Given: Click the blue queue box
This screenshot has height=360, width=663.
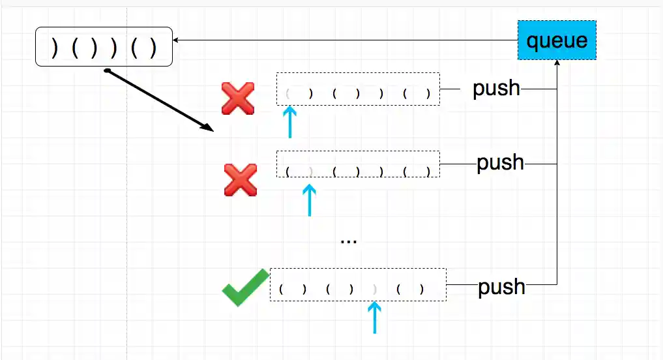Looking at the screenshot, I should pyautogui.click(x=557, y=40).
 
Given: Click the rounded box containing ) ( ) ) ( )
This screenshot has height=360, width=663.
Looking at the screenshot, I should pyautogui.click(x=104, y=47).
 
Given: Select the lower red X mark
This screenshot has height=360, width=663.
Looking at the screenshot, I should pyautogui.click(x=240, y=180).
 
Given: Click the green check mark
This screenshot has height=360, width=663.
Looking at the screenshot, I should pyautogui.click(x=245, y=287).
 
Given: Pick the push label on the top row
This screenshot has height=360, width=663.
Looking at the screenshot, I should pyautogui.click(x=496, y=88).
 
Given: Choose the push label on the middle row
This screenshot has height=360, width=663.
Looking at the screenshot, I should pyautogui.click(x=500, y=162).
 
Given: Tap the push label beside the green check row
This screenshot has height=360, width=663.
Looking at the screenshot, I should pyautogui.click(x=501, y=286).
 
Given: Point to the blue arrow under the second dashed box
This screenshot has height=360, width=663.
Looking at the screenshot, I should pyautogui.click(x=309, y=200).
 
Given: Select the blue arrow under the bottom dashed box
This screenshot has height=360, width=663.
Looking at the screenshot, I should pyautogui.click(x=374, y=317).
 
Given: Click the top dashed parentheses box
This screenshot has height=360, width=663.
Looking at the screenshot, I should pyautogui.click(x=358, y=89).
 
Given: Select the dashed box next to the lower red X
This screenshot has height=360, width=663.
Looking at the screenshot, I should pyautogui.click(x=358, y=164).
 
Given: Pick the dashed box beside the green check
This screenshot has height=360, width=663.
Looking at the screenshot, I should pyautogui.click(x=358, y=284).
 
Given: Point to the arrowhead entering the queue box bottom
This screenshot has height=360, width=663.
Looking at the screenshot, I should pyautogui.click(x=557, y=64).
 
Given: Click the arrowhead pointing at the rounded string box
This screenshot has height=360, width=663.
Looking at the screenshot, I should pyautogui.click(x=177, y=40).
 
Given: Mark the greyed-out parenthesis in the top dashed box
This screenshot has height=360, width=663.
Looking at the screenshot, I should pyautogui.click(x=287, y=93).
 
